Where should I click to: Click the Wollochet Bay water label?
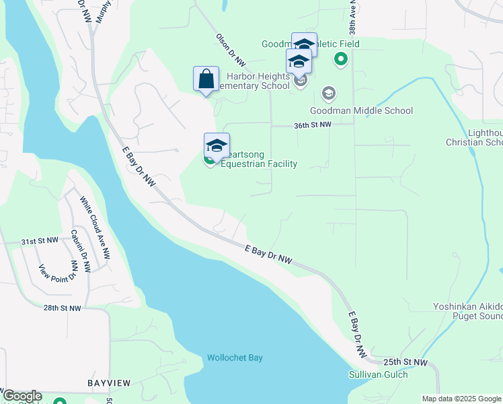pos(235,358)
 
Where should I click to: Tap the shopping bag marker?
pos(206,79)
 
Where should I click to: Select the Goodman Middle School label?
pos(361,110)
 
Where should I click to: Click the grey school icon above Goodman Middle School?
pos(329,93)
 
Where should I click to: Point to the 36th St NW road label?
pos(313,125)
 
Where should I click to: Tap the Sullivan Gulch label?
pos(377,374)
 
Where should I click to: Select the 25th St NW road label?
pos(410,362)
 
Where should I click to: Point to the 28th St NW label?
pos(62,308)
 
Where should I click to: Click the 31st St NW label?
pos(40,240)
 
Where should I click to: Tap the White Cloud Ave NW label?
pos(95,228)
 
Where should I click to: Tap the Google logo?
pos(22,397)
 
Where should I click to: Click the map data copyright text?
pos(461,399)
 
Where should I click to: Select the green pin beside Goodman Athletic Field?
pos(340,60)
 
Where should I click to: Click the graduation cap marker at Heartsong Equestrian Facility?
pos(217,145)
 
